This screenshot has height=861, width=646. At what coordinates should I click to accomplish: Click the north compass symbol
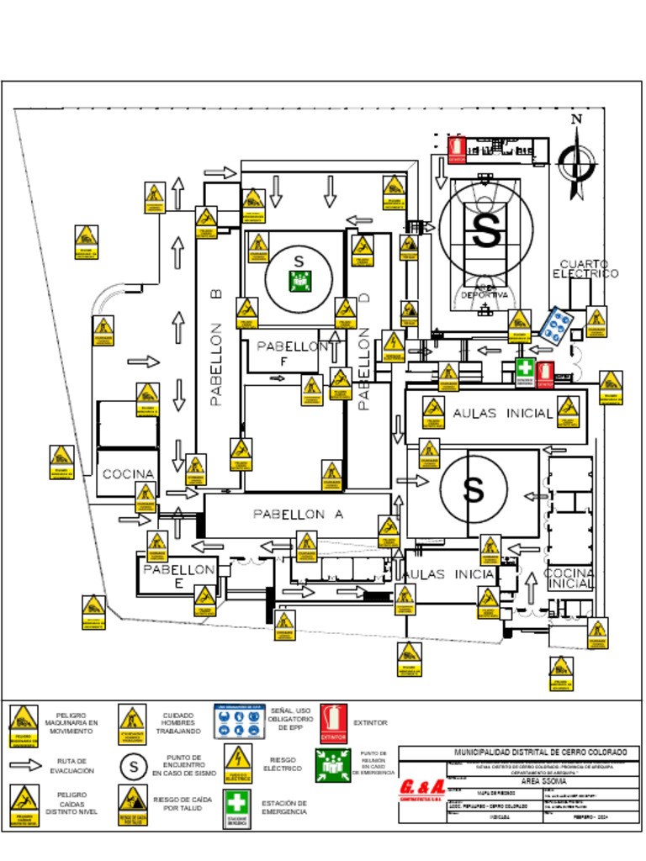click(577, 161)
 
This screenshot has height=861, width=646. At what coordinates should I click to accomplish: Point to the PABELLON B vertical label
click(216, 348)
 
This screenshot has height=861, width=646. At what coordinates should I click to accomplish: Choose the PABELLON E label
click(178, 576)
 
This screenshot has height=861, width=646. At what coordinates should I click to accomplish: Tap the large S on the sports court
click(485, 231)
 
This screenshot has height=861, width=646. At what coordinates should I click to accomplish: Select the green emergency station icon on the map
click(525, 371)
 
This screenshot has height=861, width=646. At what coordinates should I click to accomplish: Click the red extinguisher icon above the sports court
click(457, 149)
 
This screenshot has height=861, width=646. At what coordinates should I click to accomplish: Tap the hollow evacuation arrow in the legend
click(25, 765)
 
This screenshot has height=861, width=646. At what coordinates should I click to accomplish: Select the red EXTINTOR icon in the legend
click(334, 722)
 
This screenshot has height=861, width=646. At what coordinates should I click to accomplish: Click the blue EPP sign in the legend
click(240, 721)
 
